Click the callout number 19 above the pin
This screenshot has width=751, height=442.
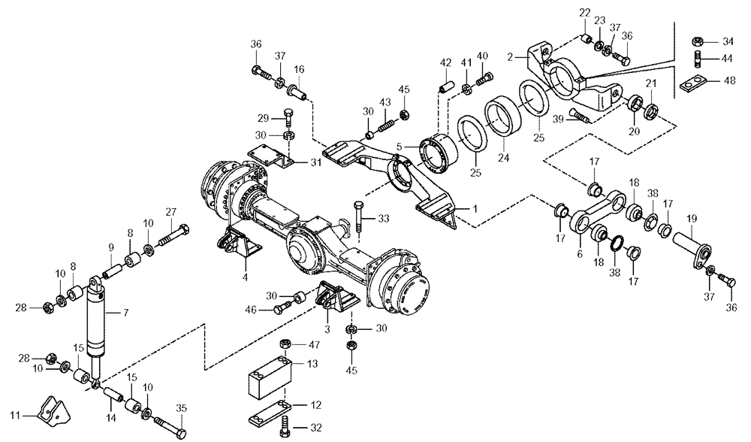[x=691, y=219]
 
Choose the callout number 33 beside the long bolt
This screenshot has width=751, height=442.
[x=383, y=219]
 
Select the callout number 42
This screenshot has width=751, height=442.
[x=445, y=62]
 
